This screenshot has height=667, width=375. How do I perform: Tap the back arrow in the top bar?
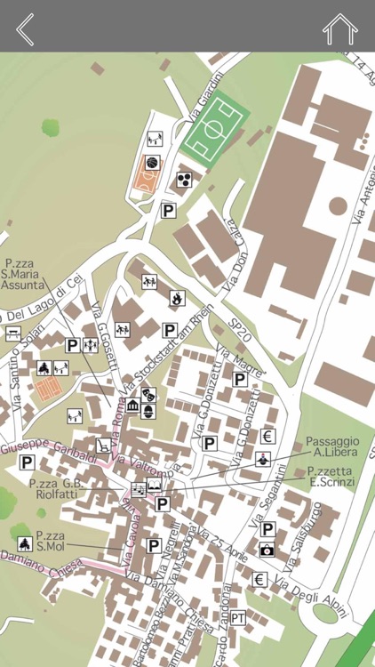pos(25,28)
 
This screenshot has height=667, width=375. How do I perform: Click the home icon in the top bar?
pos(339,28)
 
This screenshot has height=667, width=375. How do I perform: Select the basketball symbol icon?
pos(152,164)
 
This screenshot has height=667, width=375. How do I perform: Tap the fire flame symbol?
pos(178,298)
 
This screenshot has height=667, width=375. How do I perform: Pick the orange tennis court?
pos(48,388)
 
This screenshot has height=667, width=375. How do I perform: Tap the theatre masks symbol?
pos(148,391)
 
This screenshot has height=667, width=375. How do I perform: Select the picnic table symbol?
pos(13,333)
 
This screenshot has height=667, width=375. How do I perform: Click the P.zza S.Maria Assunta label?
pos(23,275)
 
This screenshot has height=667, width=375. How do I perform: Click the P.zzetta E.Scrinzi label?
pos(330,477)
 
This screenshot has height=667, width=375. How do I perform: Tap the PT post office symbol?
pos(239,617)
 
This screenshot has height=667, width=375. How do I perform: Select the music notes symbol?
pos(139,488)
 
